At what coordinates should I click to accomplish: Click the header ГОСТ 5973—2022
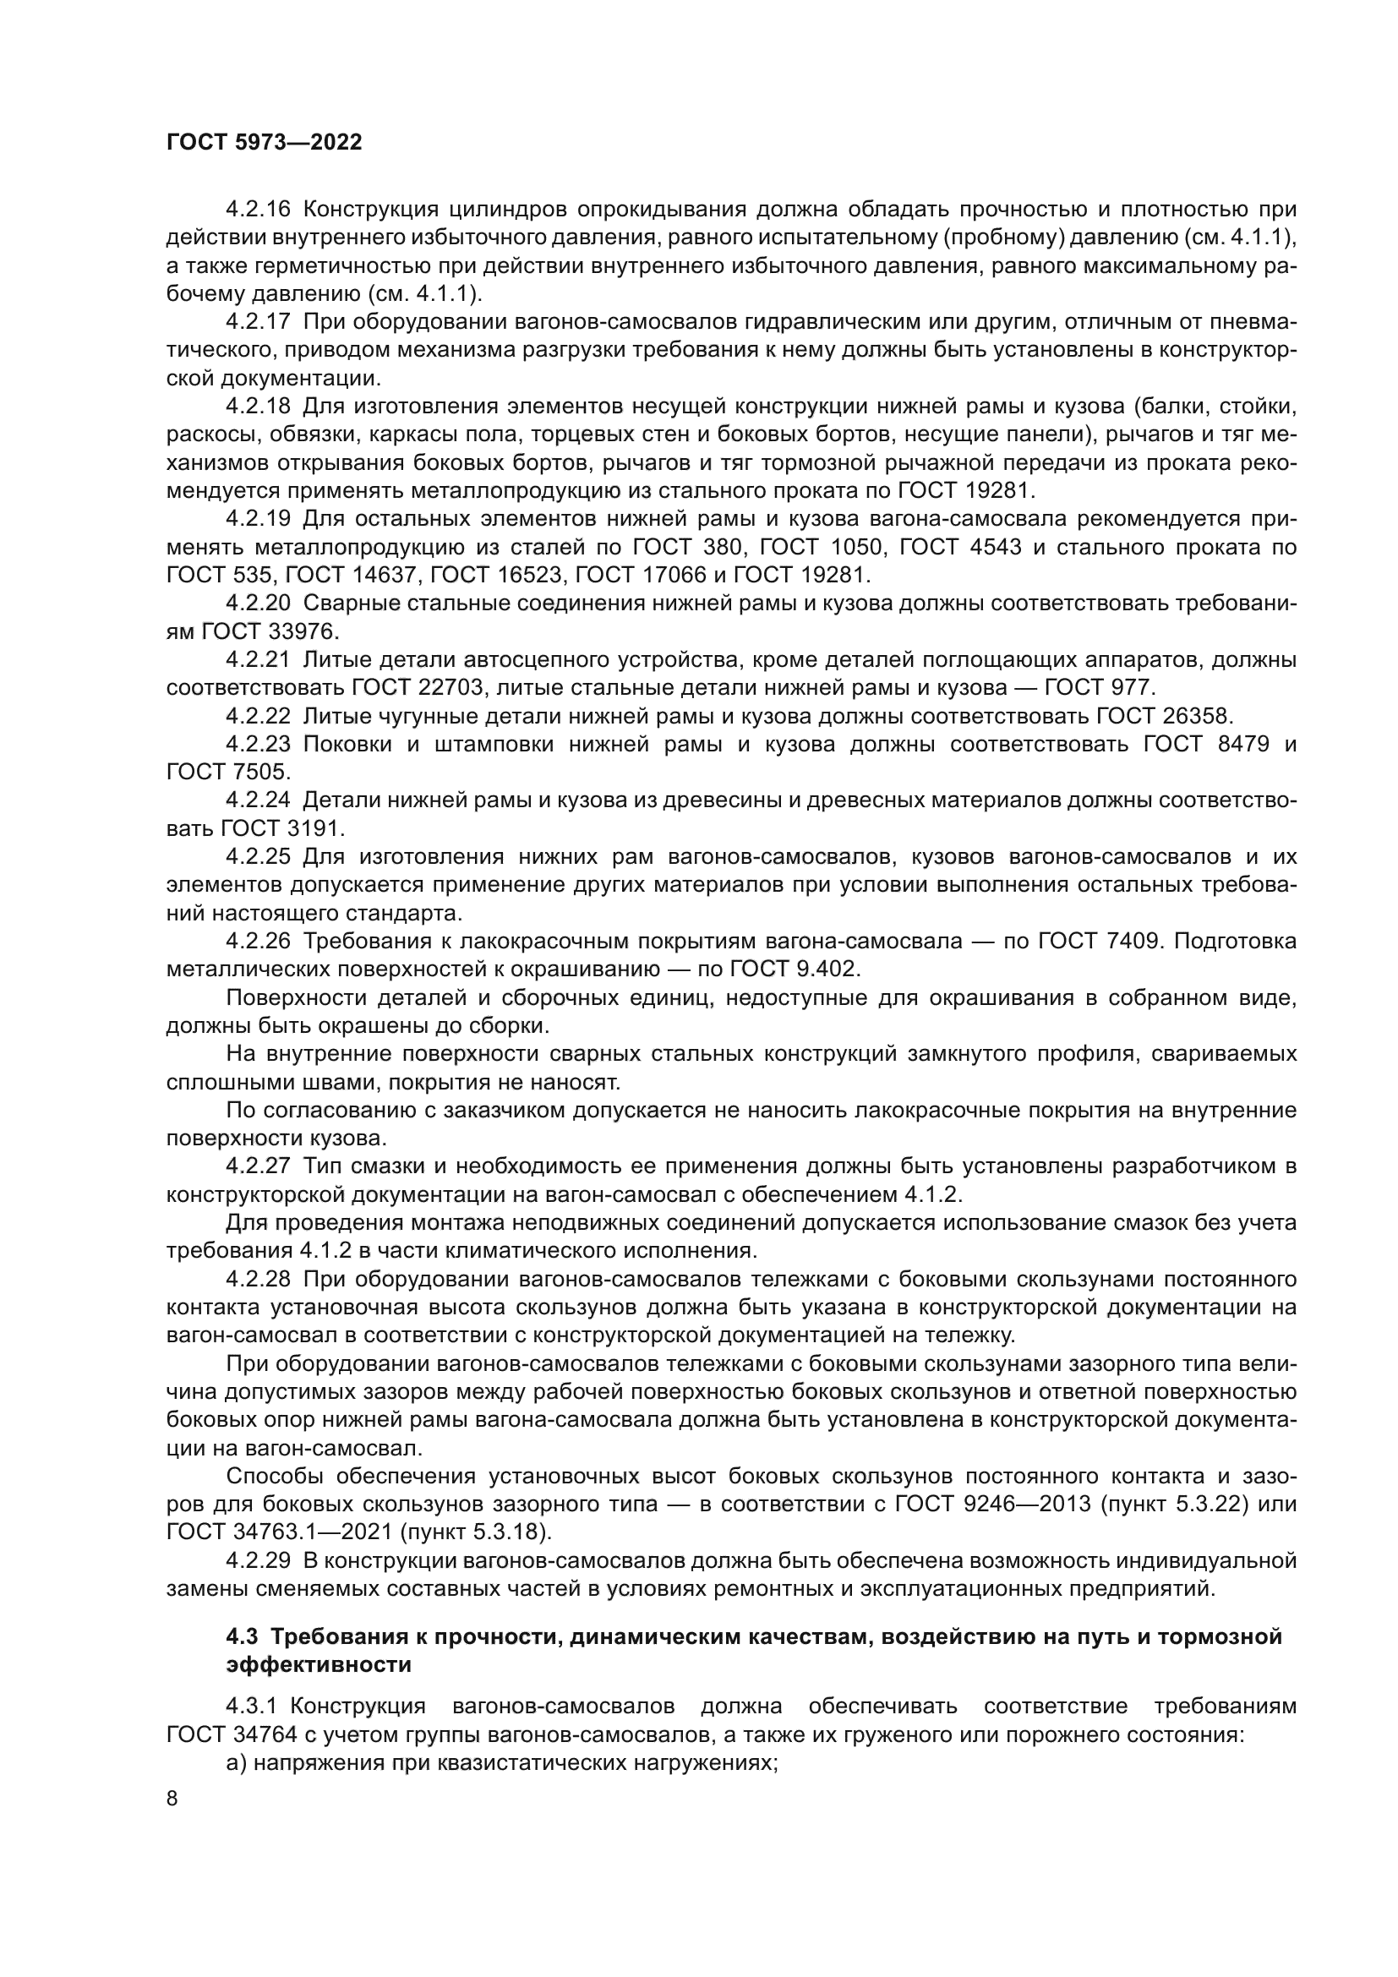pyautogui.click(x=265, y=143)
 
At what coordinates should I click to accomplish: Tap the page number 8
pyautogui.click(x=172, y=1799)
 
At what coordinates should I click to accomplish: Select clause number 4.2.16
pyautogui.click(x=258, y=210)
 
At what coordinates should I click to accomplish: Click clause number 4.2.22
pyautogui.click(x=258, y=717)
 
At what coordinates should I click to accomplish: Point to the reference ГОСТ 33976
pyautogui.click(x=270, y=632)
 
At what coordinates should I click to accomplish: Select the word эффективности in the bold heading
pyautogui.click(x=318, y=1665)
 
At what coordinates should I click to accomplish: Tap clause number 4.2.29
pyautogui.click(x=258, y=1561)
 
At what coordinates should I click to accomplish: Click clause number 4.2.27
pyautogui.click(x=258, y=1166)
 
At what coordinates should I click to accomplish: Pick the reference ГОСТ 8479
pyautogui.click(x=1206, y=745)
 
